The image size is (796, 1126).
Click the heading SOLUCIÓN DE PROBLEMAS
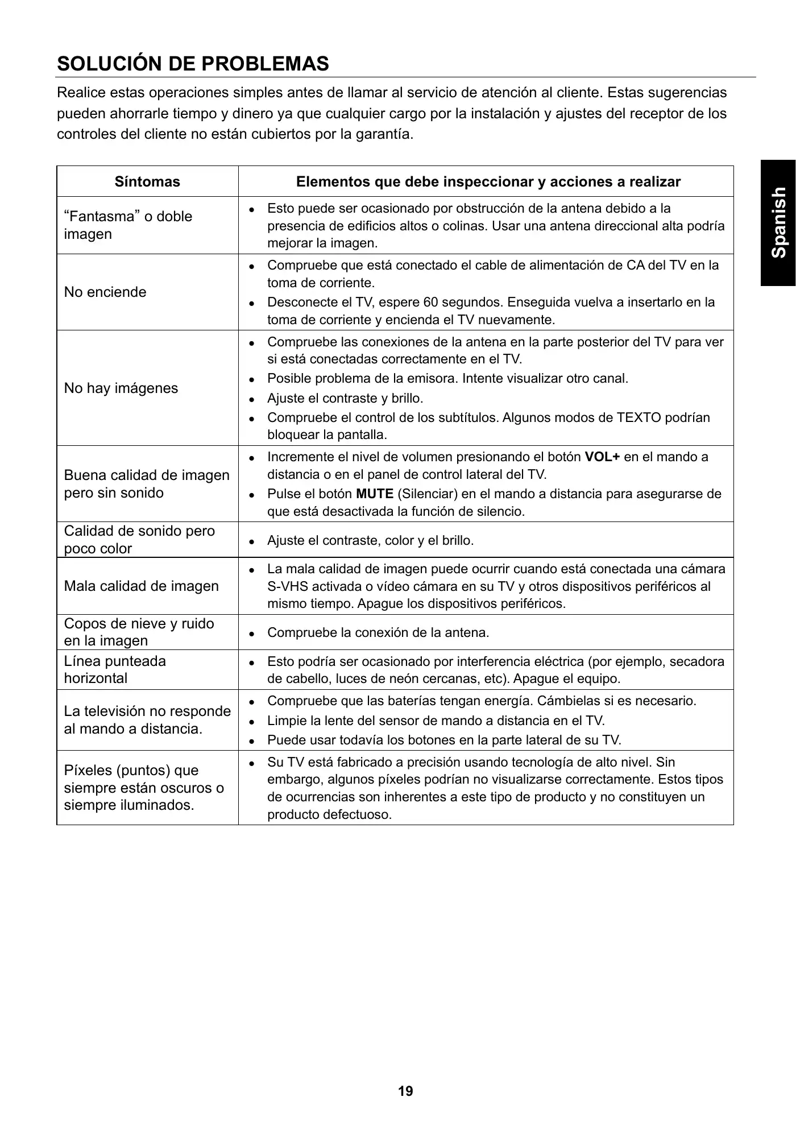coord(193,64)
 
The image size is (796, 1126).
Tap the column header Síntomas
coord(147,182)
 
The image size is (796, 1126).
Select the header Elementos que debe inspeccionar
coord(488,182)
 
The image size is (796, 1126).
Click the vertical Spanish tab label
coord(778,222)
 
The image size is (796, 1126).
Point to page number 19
coord(406,1091)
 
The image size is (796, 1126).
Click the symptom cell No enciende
coord(105,292)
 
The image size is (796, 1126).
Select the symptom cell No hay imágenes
coord(121,388)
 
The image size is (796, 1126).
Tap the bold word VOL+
coord(602,457)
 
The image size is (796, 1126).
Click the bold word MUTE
coord(375,494)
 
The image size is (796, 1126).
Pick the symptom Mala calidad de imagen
coord(141,586)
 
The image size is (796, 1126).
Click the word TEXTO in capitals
coord(639,418)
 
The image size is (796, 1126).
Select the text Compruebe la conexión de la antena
coord(378,633)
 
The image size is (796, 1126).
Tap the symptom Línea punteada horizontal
coord(115,670)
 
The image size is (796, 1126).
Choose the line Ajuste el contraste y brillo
coord(345,399)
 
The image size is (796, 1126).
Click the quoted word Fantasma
coord(128,217)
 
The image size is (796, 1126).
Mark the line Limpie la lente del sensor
coord(436,721)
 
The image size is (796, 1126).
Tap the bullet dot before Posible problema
coord(251,379)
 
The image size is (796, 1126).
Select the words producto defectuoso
coord(329,815)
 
